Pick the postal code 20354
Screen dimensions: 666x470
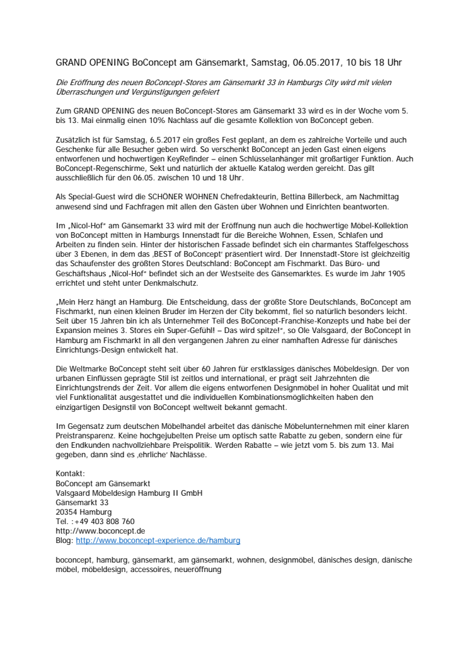click(67, 512)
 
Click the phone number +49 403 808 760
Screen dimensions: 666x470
click(105, 522)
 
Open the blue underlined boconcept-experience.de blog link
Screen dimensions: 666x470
click(158, 540)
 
